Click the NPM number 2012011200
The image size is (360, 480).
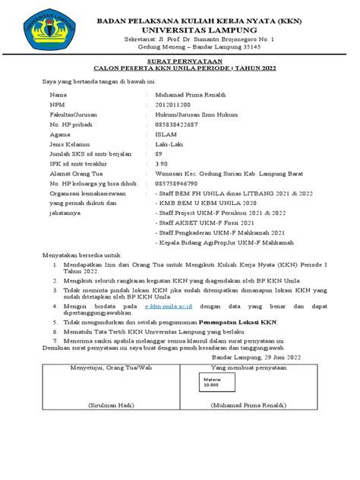pos(172,106)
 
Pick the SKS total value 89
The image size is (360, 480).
pos(158,153)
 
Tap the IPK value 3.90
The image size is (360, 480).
pos(160,163)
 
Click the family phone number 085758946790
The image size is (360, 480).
pos(175,183)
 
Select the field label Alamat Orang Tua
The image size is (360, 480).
pos(76,173)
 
